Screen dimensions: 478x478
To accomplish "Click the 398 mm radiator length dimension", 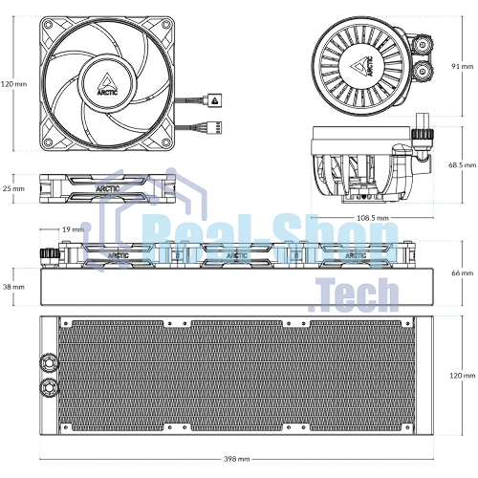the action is tap(236, 459).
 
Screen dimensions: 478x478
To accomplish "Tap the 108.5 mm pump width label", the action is tap(373, 218).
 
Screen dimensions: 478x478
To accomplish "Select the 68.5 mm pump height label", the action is tap(463, 165).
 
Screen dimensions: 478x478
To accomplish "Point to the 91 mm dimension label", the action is tap(463, 66).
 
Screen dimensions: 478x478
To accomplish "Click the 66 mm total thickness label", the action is tap(463, 273).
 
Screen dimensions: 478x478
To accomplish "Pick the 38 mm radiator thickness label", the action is tap(13, 287).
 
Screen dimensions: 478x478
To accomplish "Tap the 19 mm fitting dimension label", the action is tap(73, 229).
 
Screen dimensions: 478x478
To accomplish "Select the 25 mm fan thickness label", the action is tap(13, 188).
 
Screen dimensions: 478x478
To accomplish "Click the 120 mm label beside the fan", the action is tap(13, 84).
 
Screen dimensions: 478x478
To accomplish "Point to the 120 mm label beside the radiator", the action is tap(463, 376).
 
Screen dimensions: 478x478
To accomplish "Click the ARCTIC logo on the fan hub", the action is tap(107, 84).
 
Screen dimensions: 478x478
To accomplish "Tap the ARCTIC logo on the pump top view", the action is tap(362, 66).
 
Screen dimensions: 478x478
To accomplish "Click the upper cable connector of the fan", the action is tap(214, 100).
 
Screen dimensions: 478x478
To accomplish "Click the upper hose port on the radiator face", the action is tap(50, 362).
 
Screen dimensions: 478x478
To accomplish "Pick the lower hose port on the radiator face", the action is tap(50, 386).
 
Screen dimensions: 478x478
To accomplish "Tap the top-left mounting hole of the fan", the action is tap(48, 24).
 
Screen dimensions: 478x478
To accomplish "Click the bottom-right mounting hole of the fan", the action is tap(166, 142).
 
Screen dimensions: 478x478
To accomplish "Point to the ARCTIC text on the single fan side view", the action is tap(108, 188).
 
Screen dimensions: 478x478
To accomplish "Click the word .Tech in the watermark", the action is tap(354, 294).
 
